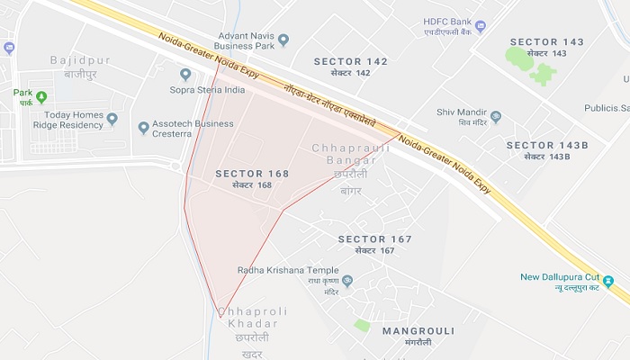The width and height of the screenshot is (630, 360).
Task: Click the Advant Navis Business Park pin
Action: pos(283,40)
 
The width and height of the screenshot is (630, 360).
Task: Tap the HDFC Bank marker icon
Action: pos(480,26)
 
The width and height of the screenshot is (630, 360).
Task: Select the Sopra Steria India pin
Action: pos(186,74)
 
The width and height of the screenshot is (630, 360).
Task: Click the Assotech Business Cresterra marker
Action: pos(143,128)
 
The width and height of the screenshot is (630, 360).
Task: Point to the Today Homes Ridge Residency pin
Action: pos(112,119)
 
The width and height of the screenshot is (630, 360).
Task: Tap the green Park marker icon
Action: pos(41,96)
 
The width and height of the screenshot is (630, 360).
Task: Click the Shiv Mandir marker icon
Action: pos(495,116)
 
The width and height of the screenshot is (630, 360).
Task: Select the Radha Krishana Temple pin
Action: pos(347,281)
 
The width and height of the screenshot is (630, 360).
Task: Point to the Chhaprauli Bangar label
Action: pos(349,154)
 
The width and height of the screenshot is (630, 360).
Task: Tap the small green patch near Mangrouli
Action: pos(362,325)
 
